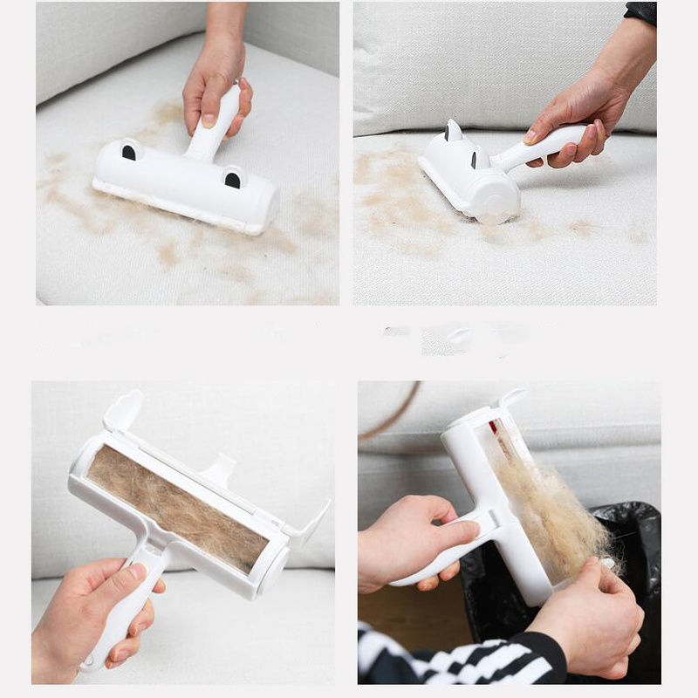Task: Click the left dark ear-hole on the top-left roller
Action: tap(128, 152)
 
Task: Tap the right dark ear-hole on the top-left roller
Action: tap(233, 179)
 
